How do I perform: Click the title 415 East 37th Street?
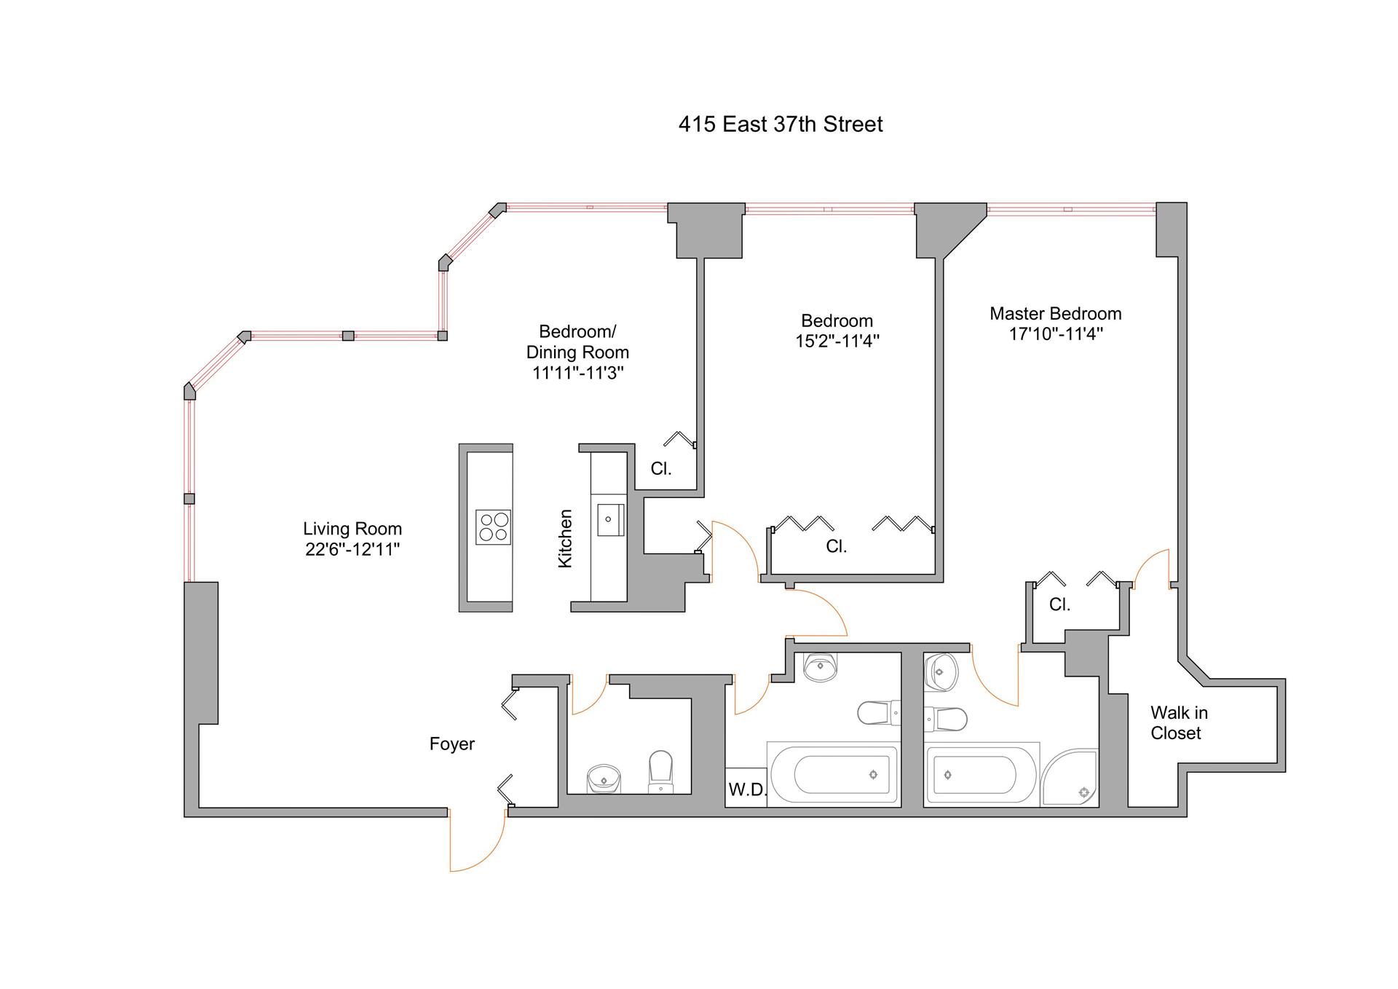[x=780, y=125]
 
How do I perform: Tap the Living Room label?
[x=352, y=529]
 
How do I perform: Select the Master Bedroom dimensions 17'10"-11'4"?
[x=1055, y=334]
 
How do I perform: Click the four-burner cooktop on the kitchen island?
[x=493, y=527]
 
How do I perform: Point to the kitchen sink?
[x=608, y=519]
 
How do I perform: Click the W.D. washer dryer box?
[x=746, y=789]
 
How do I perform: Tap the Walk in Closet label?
[x=1178, y=722]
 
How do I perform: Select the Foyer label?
[x=451, y=744]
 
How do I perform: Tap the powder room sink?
[x=604, y=779]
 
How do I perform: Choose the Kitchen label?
[x=565, y=538]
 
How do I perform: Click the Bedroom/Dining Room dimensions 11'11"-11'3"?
[x=577, y=373]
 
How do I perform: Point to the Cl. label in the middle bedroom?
[x=836, y=546]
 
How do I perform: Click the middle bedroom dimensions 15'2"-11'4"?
[x=837, y=341]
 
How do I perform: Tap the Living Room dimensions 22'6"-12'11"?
[x=352, y=549]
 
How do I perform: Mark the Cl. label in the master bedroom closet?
[x=1059, y=604]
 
